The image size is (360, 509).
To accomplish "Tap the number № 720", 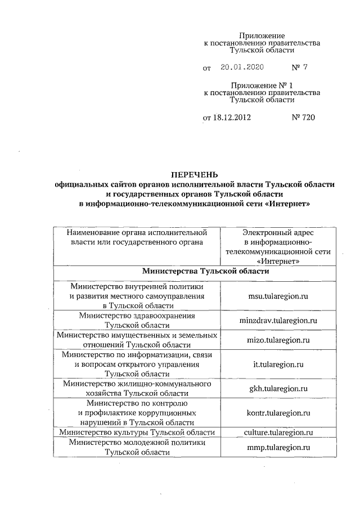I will (x=303, y=118).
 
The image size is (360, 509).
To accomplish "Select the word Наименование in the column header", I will (x=92, y=232).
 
